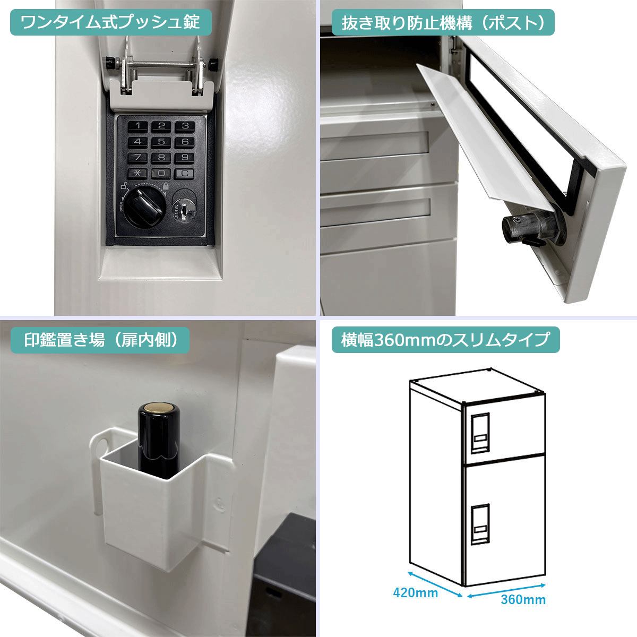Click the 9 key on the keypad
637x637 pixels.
184,157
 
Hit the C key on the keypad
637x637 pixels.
184,173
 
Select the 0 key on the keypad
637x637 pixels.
161,173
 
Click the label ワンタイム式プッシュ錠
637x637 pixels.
110,23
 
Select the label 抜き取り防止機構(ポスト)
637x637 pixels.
443,23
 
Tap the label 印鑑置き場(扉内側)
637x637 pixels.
100,340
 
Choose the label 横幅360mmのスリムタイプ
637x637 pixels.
445,340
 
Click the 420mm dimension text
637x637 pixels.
415,592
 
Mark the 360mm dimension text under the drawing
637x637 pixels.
523,600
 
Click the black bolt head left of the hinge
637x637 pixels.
110,63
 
